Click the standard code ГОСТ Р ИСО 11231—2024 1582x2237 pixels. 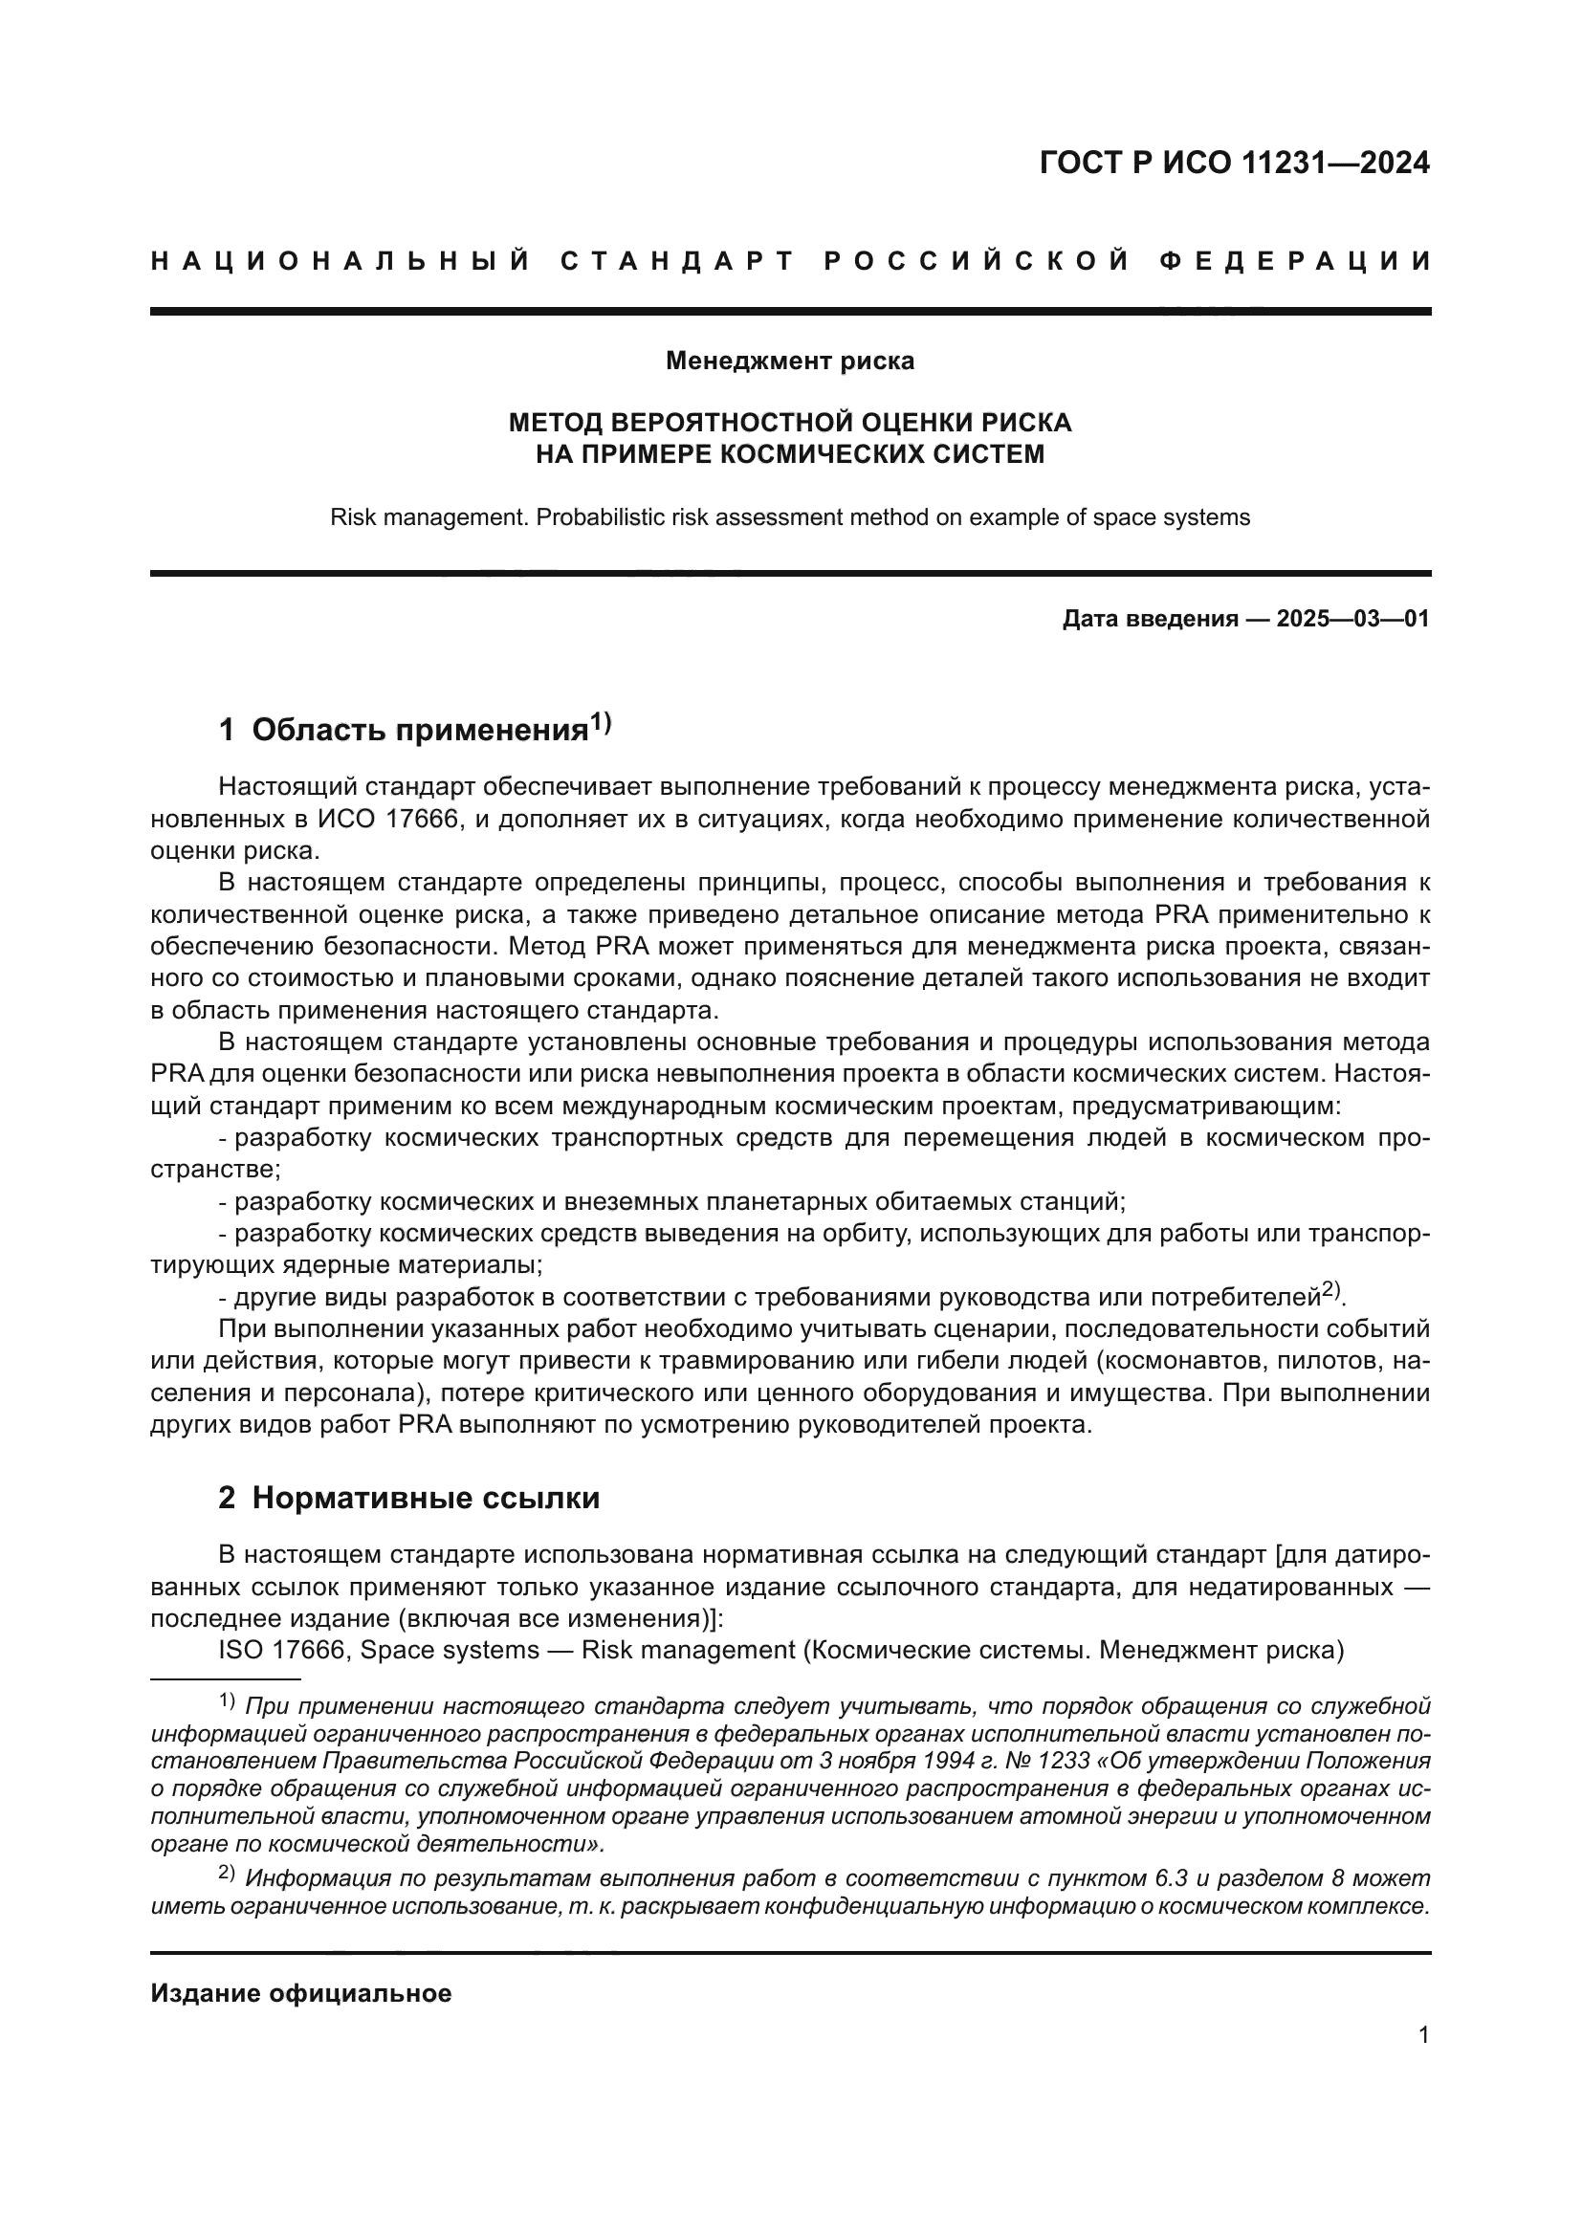pos(1234,163)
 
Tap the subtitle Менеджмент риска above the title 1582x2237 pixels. pos(790,362)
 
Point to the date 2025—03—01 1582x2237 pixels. pos(1353,619)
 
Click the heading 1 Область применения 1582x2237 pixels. pos(404,731)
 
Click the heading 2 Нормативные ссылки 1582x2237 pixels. pos(409,1498)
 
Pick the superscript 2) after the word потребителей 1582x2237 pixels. pos(1331,1291)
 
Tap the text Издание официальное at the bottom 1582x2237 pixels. pos(301,1992)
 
